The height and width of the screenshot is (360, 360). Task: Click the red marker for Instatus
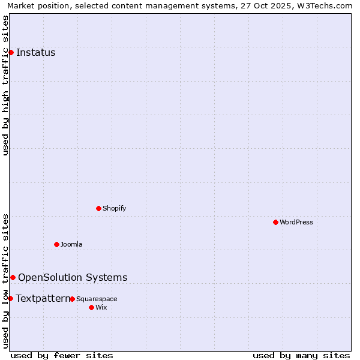(11, 53)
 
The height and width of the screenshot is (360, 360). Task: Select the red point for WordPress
(275, 222)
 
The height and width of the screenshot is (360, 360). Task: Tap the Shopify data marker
(98, 208)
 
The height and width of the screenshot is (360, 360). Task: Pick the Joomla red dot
(56, 244)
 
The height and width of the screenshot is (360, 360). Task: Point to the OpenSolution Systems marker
(13, 277)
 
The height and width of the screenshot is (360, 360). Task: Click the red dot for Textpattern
(10, 298)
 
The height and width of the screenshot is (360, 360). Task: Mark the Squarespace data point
(72, 299)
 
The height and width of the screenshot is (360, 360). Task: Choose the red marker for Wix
(91, 307)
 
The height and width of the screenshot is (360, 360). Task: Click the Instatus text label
(35, 53)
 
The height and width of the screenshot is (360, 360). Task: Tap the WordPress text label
(296, 222)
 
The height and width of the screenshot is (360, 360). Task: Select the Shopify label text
(114, 208)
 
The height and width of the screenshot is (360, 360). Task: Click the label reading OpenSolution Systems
(73, 277)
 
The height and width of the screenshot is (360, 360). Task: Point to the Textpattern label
(43, 298)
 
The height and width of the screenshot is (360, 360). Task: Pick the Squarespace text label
(97, 299)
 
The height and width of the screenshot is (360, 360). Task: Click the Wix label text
(101, 307)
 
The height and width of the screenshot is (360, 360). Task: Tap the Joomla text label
(71, 244)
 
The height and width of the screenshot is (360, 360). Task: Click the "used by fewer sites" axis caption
(62, 355)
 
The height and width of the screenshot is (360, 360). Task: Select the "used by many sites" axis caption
(301, 355)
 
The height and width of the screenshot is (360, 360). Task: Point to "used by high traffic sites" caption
(5, 85)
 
